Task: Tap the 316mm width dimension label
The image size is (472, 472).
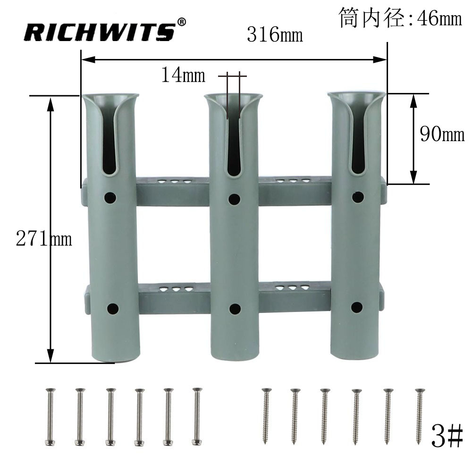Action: coord(275,34)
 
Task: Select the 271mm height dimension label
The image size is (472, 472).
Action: coord(44,239)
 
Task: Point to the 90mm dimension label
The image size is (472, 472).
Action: coord(442,134)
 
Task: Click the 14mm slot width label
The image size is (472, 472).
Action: coord(183,75)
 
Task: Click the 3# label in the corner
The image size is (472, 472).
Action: coord(447,436)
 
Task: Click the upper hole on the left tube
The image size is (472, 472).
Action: coord(110,198)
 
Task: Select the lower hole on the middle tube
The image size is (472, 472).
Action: coord(235,309)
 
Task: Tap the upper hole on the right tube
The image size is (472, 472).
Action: coord(358,197)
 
